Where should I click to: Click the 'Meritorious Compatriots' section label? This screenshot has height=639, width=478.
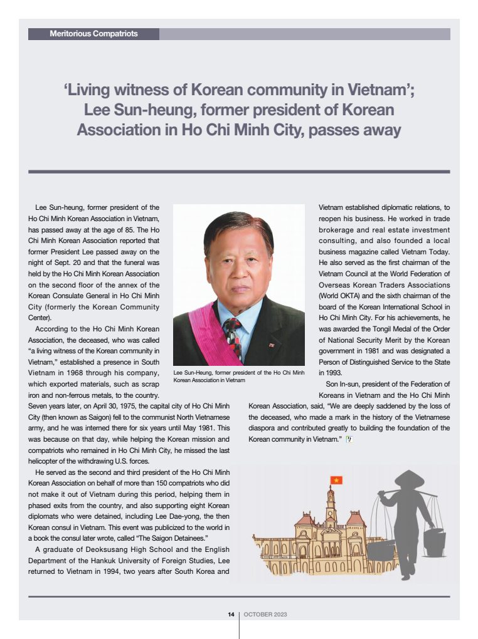[x=93, y=34]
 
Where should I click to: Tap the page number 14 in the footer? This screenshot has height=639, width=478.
[x=231, y=615]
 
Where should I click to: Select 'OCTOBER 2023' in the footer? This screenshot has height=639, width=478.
[x=265, y=615]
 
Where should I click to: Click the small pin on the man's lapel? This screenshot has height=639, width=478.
[x=271, y=345]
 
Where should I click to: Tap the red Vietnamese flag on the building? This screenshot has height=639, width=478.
[x=336, y=481]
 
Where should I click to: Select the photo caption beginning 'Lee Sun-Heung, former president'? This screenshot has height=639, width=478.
[x=238, y=376]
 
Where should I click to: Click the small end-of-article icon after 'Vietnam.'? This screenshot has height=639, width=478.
[x=349, y=439]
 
